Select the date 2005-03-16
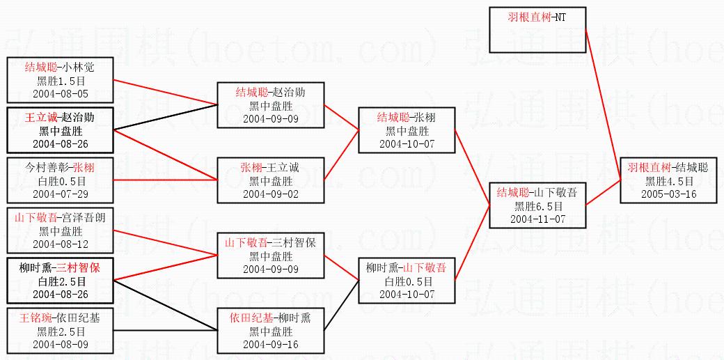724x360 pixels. [668, 194]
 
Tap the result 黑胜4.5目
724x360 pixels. [668, 180]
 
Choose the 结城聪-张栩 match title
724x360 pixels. [406, 118]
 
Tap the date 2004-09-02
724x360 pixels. [270, 194]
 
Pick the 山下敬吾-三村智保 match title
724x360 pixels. [270, 243]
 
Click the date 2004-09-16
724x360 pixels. [270, 344]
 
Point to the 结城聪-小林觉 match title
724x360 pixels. [59, 68]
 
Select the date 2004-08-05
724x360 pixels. [59, 93]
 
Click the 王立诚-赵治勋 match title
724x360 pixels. [59, 118]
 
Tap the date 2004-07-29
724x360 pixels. [59, 194]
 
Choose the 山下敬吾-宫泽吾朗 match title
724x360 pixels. [59, 218]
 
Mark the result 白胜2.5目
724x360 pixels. [59, 281]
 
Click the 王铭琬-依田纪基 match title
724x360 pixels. [59, 318]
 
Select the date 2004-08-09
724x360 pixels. [59, 344]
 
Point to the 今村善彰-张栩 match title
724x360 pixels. [59, 168]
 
